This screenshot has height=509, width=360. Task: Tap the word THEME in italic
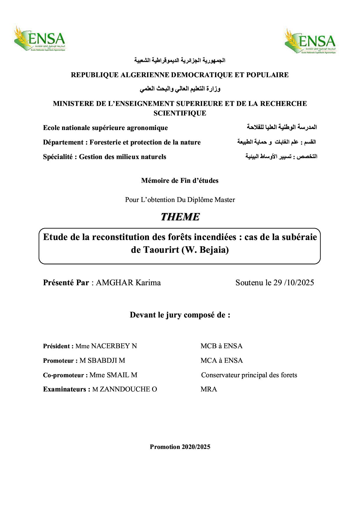tap(180, 217)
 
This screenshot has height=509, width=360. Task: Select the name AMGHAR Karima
tap(128, 283)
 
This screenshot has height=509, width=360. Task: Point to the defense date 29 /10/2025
tap(294, 283)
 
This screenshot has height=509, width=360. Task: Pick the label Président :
tap(58, 346)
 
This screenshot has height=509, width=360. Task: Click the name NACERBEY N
tap(114, 346)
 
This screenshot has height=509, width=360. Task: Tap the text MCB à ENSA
tap(221, 346)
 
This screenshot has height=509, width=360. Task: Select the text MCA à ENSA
tap(221, 360)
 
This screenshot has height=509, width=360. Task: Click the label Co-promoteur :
tap(65, 375)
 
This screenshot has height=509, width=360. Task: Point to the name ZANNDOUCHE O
tap(128, 389)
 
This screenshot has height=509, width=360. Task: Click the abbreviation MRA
tap(208, 389)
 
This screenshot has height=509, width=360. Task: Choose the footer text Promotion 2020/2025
tap(180, 447)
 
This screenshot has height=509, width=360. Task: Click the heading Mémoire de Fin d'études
tap(180, 181)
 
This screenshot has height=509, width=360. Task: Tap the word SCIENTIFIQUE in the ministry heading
tap(180, 113)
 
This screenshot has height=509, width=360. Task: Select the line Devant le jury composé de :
tap(180, 315)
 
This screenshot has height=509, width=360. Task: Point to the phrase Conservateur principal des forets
tap(249, 375)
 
